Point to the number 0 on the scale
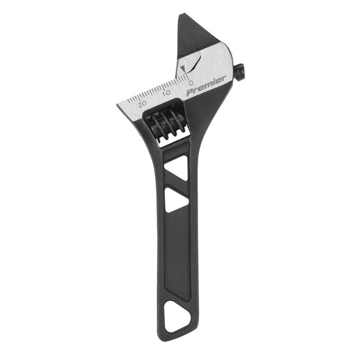[192, 82]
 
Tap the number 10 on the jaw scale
[167, 93]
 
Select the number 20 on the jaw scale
[142, 104]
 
